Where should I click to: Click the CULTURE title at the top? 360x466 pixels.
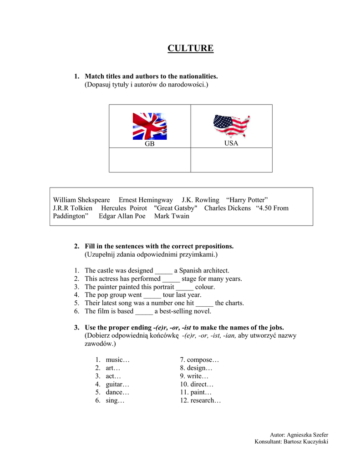190,48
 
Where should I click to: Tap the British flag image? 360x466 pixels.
149,126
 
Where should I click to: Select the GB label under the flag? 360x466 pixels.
149,144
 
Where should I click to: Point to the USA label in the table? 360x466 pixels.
231,143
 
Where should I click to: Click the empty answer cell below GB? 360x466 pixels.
150,160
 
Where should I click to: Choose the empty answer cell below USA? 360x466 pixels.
231,160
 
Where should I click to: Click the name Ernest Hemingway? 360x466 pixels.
146,200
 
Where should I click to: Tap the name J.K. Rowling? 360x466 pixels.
200,200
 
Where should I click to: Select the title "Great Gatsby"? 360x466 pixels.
176,208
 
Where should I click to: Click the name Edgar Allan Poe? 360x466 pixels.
122,216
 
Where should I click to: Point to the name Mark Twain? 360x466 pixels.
172,216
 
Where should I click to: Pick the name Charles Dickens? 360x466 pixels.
228,208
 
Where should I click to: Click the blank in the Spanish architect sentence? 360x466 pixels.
163,270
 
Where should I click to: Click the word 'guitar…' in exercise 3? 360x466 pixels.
117,384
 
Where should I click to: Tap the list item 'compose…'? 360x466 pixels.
199,360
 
